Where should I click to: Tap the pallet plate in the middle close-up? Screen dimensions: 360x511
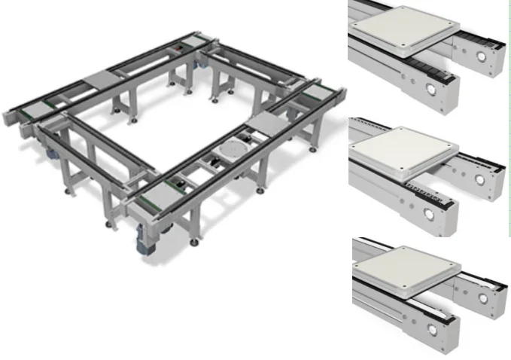pyautogui.click(x=405, y=151)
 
